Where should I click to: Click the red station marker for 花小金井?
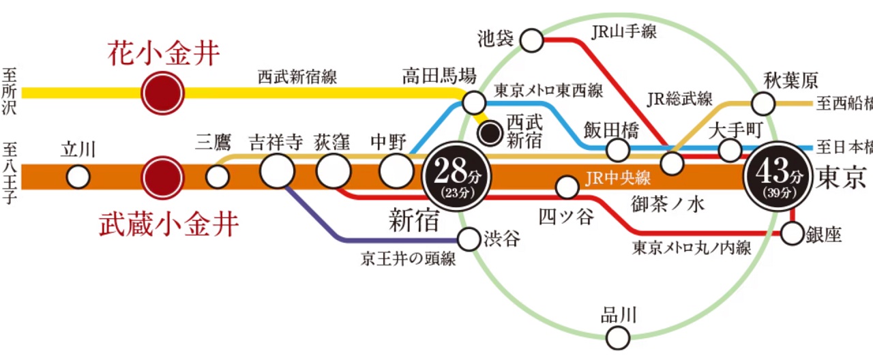pos(163,92)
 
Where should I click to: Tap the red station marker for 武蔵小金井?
pos(163,177)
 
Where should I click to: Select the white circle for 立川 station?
pos(78,177)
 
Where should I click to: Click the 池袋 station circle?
pos(532,40)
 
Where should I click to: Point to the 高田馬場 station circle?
pos(473,103)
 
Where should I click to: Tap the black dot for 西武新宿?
pos(490,132)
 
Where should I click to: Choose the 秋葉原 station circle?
pos(763,104)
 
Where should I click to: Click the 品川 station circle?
pos(618,336)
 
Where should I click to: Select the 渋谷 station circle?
pos(469,239)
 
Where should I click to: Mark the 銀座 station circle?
pos(792,234)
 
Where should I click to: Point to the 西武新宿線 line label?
pos(297,76)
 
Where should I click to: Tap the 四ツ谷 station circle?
pos(567,186)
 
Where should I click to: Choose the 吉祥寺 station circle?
pos(277,171)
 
